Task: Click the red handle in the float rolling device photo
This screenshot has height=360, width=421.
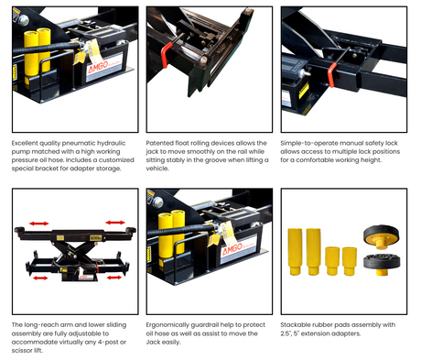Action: click(x=164, y=55)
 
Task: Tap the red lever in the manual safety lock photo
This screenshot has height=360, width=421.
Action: click(x=331, y=75)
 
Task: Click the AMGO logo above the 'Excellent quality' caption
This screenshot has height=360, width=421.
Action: click(x=98, y=67)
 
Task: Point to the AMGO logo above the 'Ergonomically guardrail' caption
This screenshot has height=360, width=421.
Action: click(x=232, y=249)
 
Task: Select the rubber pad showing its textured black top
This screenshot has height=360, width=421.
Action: click(x=382, y=263)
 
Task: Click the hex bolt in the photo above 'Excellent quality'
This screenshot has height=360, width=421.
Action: click(x=23, y=20)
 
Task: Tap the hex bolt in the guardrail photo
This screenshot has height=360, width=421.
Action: click(x=157, y=202)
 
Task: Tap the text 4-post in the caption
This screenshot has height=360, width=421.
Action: click(x=108, y=342)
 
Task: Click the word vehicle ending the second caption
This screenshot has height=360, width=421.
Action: click(x=157, y=169)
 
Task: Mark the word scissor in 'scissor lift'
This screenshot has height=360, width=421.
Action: click(x=22, y=350)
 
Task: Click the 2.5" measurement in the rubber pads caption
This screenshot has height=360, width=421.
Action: click(x=286, y=333)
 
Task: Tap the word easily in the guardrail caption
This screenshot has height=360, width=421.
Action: click(x=171, y=342)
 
